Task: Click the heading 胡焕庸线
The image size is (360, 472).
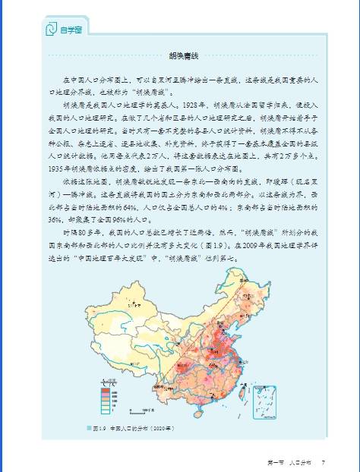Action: tap(181, 56)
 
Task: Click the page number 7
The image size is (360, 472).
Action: tap(324, 462)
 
